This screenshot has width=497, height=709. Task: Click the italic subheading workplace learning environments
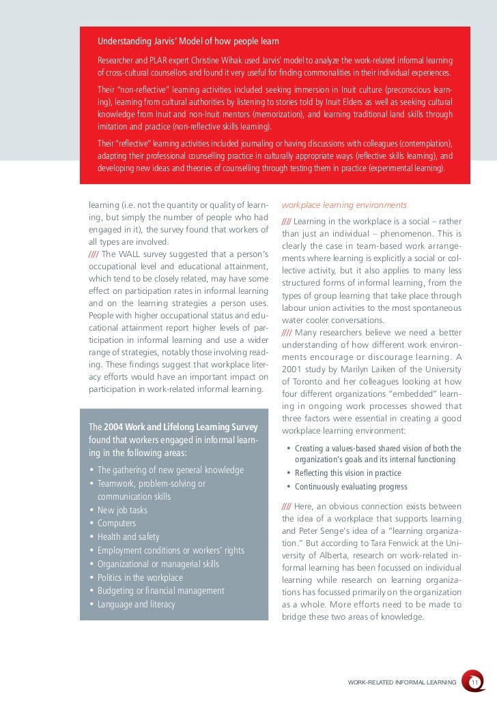coord(344,205)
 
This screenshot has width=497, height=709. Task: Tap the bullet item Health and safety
coord(128,537)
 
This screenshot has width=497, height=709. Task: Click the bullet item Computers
coord(117,524)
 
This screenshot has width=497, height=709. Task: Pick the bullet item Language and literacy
coord(137,604)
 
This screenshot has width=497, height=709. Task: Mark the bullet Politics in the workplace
coord(140,577)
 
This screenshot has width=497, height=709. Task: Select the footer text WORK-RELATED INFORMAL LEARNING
coord(402,682)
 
